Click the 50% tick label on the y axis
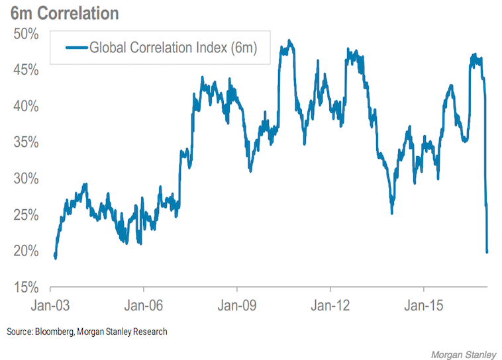coord(27,34)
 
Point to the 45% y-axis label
coord(27,70)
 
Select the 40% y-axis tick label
coord(27,107)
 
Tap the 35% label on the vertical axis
coord(27,143)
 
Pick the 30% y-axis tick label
coord(27,179)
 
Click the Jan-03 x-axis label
coord(51,306)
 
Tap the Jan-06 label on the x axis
coord(144,306)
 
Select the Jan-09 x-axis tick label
coord(237,306)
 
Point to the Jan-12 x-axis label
coord(330,306)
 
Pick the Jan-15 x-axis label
coord(424,306)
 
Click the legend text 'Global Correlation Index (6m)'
coord(173,47)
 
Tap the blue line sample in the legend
coord(75,47)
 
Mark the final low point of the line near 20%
coord(487,251)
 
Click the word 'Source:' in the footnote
coord(18,332)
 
